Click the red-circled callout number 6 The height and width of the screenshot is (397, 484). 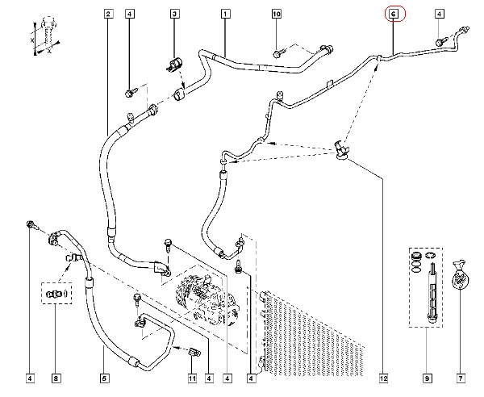[x=394, y=14]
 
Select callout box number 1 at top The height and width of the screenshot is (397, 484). [x=225, y=14]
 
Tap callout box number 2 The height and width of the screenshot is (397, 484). [x=108, y=14]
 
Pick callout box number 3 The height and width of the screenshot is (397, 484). [x=174, y=14]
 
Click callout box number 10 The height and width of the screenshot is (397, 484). [x=277, y=14]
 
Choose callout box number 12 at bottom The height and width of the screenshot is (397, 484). [x=383, y=378]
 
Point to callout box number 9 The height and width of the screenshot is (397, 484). [x=427, y=378]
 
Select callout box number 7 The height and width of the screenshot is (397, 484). [x=461, y=378]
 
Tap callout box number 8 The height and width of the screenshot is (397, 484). [x=56, y=378]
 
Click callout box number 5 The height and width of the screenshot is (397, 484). [x=104, y=378]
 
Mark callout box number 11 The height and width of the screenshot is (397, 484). [x=192, y=378]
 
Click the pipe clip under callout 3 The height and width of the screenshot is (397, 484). [x=175, y=65]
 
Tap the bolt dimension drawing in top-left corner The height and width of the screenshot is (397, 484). [x=46, y=36]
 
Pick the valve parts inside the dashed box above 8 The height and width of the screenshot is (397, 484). [x=56, y=294]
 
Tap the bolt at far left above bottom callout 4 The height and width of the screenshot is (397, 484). [x=31, y=225]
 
